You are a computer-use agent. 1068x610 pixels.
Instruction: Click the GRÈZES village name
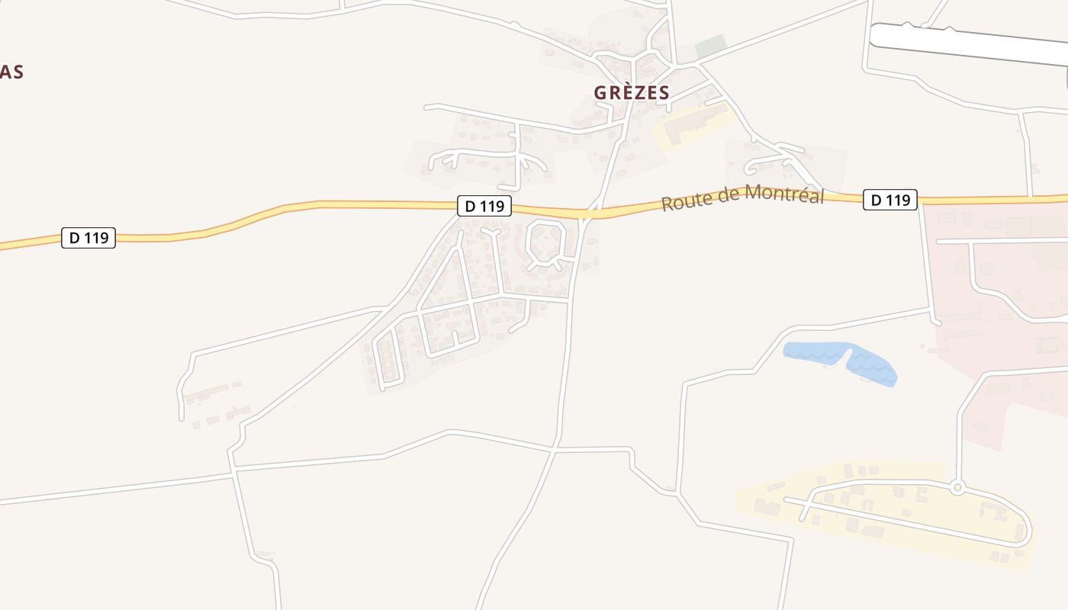click(x=632, y=93)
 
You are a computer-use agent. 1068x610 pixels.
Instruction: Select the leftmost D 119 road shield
click(x=88, y=238)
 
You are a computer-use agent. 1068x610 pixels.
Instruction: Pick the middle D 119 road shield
click(x=484, y=205)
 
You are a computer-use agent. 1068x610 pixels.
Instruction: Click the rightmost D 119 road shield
click(x=890, y=200)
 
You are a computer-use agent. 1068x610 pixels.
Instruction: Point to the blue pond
click(x=839, y=360)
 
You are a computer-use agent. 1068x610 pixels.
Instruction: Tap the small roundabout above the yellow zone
click(x=958, y=487)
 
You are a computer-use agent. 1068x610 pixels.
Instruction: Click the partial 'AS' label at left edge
click(x=11, y=72)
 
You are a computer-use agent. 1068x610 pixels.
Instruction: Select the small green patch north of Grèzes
click(x=709, y=46)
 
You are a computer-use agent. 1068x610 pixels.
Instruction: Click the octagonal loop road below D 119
click(x=546, y=243)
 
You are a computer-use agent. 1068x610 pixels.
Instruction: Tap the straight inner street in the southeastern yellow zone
click(x=900, y=521)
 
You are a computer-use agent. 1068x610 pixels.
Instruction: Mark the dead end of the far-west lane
click(x=182, y=418)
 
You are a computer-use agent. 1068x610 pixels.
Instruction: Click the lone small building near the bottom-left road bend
click(x=265, y=554)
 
